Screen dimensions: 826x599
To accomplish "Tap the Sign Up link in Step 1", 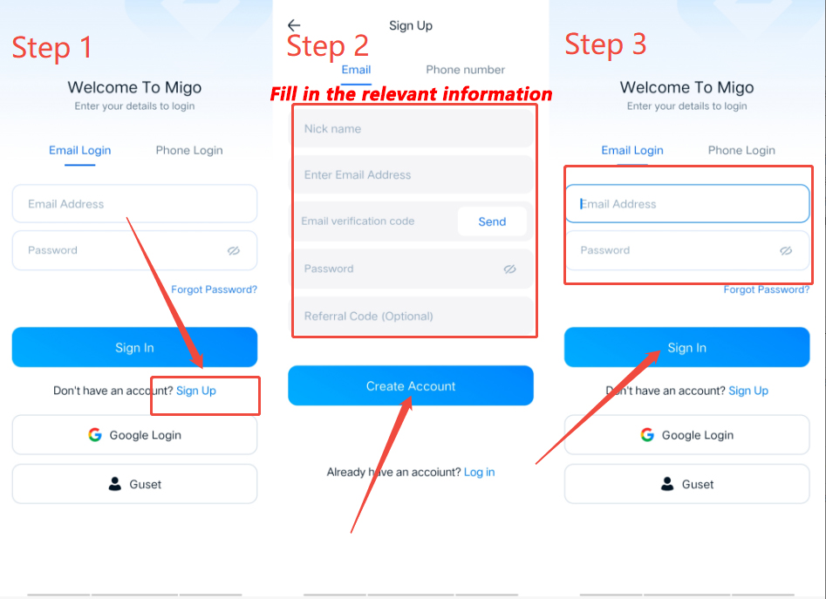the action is tap(196, 391).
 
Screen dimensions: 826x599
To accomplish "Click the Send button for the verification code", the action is tap(492, 221).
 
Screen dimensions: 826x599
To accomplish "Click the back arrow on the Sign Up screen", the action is tap(294, 24).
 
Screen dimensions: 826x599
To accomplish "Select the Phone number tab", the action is tap(465, 70).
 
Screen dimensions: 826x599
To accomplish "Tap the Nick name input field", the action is tap(413, 128).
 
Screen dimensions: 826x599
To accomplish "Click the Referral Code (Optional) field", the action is tap(413, 316).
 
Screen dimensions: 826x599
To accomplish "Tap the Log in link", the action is tap(480, 473).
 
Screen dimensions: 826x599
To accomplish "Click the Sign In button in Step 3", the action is tap(687, 347).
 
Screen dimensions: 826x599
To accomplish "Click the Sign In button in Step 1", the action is tap(135, 347).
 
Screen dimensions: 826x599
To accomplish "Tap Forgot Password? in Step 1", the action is tap(214, 289).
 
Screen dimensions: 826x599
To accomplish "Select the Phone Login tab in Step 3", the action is tap(741, 151).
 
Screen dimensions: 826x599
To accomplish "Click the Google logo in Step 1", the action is tap(95, 435).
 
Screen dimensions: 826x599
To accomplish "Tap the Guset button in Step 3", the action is tap(687, 484).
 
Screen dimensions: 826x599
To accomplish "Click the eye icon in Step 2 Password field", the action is tap(510, 269).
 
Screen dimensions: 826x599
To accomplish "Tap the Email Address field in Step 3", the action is tap(687, 204).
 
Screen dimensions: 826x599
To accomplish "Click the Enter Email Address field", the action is tap(413, 174).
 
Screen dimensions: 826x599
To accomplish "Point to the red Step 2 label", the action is tap(328, 46).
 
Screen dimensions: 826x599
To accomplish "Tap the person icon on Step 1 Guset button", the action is tap(115, 484).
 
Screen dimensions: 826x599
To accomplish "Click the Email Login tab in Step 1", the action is tap(80, 151).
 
